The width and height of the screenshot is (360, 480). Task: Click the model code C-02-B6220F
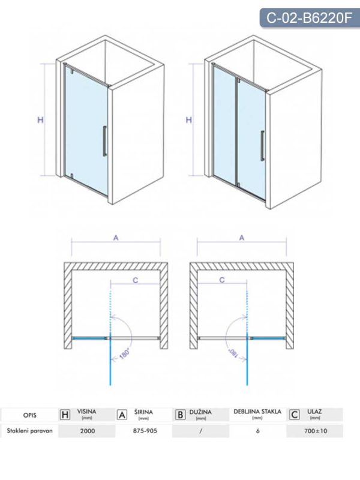click(x=309, y=18)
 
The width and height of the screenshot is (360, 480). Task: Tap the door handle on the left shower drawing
click(x=104, y=141)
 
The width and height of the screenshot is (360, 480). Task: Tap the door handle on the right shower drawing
click(x=262, y=145)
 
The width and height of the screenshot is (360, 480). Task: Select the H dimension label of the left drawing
click(x=40, y=119)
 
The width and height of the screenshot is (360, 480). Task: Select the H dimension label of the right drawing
click(x=189, y=119)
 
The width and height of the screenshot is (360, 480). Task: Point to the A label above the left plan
click(x=116, y=238)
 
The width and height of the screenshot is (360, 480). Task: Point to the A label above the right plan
click(x=242, y=238)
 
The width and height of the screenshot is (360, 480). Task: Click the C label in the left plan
click(x=136, y=280)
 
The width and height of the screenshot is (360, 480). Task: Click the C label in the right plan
click(x=222, y=280)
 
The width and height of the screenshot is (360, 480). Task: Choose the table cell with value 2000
click(x=88, y=431)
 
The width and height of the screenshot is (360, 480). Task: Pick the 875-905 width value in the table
click(x=145, y=431)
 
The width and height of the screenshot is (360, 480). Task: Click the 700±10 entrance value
click(x=316, y=431)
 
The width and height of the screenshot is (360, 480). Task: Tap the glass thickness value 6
click(x=258, y=431)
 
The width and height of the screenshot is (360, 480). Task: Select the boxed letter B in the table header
click(x=181, y=415)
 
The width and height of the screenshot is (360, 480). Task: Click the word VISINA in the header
click(x=86, y=412)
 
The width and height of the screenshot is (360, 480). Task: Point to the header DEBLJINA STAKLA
click(x=257, y=412)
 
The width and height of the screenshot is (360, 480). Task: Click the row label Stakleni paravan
click(x=29, y=431)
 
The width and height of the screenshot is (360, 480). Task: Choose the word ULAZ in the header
click(x=314, y=412)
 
